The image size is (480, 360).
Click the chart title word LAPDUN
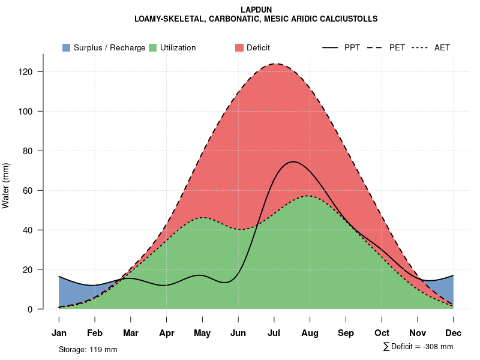[x=256, y=10]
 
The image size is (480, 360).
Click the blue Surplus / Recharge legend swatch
[x=67, y=47]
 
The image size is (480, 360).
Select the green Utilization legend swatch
[x=153, y=47]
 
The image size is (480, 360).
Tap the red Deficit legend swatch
[x=239, y=47]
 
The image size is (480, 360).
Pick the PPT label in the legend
[x=352, y=47]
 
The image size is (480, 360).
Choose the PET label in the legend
[x=397, y=47]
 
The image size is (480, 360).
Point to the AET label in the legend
[x=442, y=47]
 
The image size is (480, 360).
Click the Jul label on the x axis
[x=274, y=333]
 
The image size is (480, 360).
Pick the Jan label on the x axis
[x=59, y=333]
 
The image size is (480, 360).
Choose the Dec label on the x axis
[x=454, y=333]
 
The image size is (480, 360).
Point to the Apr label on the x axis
[x=167, y=333]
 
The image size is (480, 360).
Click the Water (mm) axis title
[x=6, y=185]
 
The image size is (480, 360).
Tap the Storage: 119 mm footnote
[x=88, y=349]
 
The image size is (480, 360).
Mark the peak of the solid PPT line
[x=292, y=162]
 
